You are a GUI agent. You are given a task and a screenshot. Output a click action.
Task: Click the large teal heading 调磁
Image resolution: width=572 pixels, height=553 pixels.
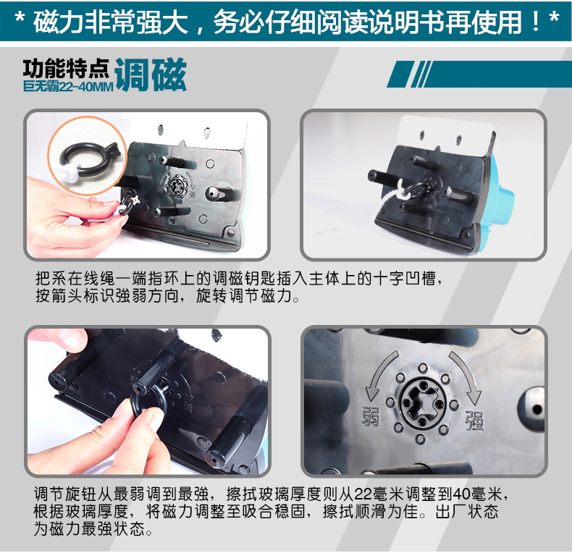pos(151,75)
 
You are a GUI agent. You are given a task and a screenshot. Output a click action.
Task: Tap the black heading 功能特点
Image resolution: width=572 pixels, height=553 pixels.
pos(66,69)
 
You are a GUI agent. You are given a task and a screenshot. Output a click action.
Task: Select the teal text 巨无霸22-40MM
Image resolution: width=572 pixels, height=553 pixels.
pos(68,86)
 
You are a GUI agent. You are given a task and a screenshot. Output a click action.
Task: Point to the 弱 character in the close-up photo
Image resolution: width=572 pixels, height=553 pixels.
pos(371,416)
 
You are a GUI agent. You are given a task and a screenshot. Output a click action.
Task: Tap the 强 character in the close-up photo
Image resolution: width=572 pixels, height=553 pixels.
pos(474,421)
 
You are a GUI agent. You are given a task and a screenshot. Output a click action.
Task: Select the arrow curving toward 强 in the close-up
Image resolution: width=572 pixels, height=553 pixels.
pos(466,378)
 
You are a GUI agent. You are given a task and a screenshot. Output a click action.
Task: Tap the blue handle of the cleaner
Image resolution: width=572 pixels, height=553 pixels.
pos(502,197)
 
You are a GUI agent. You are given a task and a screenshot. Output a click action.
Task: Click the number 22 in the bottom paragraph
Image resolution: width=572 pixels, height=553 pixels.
pos(363,494)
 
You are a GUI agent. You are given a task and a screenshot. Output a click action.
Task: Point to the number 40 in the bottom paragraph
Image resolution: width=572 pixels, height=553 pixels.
pos(461,494)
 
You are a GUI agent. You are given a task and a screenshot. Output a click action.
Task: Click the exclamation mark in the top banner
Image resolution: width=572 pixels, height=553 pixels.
pos(536,22)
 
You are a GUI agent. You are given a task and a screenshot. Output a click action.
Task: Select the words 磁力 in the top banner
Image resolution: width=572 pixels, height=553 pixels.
pos(59,22)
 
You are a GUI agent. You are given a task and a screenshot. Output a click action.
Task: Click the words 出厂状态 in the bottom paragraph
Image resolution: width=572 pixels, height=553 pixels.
pos(467,512)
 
